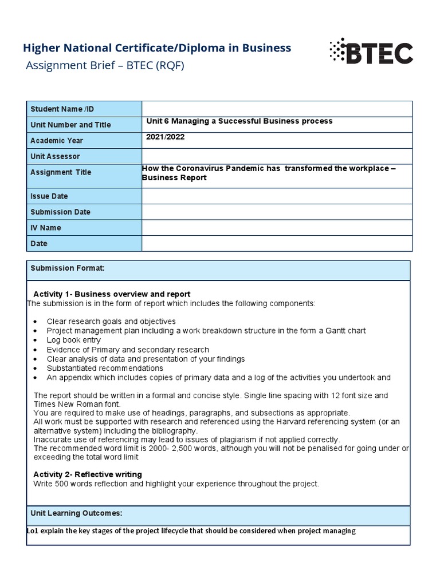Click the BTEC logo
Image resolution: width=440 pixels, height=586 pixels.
[x=371, y=52]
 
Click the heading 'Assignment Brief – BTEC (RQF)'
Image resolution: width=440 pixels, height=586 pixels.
[x=105, y=65]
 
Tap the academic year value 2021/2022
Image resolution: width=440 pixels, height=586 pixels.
[x=166, y=137]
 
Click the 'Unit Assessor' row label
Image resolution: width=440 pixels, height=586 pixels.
[x=55, y=156]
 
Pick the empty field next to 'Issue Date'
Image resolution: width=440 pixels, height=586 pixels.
[x=277, y=196]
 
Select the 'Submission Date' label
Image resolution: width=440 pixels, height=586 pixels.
[x=60, y=212]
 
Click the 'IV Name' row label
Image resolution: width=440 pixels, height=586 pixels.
[x=45, y=228]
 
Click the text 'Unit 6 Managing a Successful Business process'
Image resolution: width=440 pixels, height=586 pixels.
[x=239, y=121]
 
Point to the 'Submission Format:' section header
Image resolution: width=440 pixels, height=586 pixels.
[x=68, y=268]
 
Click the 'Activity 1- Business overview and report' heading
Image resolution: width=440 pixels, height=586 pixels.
[x=112, y=294]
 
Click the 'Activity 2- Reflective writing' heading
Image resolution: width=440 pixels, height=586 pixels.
[x=88, y=474]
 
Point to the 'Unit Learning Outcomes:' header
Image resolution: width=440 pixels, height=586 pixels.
[x=76, y=513]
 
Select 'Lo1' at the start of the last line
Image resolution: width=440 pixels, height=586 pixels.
[x=33, y=531]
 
